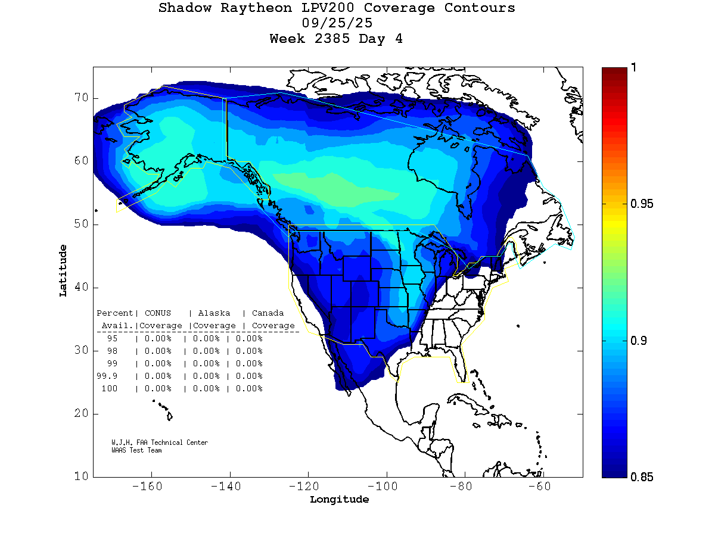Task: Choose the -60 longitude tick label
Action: (540, 487)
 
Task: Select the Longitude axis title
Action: (339, 500)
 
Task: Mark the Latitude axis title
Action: (63, 270)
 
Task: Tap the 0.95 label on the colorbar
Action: (642, 204)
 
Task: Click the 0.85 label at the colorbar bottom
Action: (642, 476)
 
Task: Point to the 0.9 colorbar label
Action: (638, 341)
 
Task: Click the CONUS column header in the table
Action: (157, 313)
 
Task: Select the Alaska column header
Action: (214, 313)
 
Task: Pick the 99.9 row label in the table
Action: (107, 376)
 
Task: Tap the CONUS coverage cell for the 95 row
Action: (158, 338)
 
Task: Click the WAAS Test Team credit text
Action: (136, 450)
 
